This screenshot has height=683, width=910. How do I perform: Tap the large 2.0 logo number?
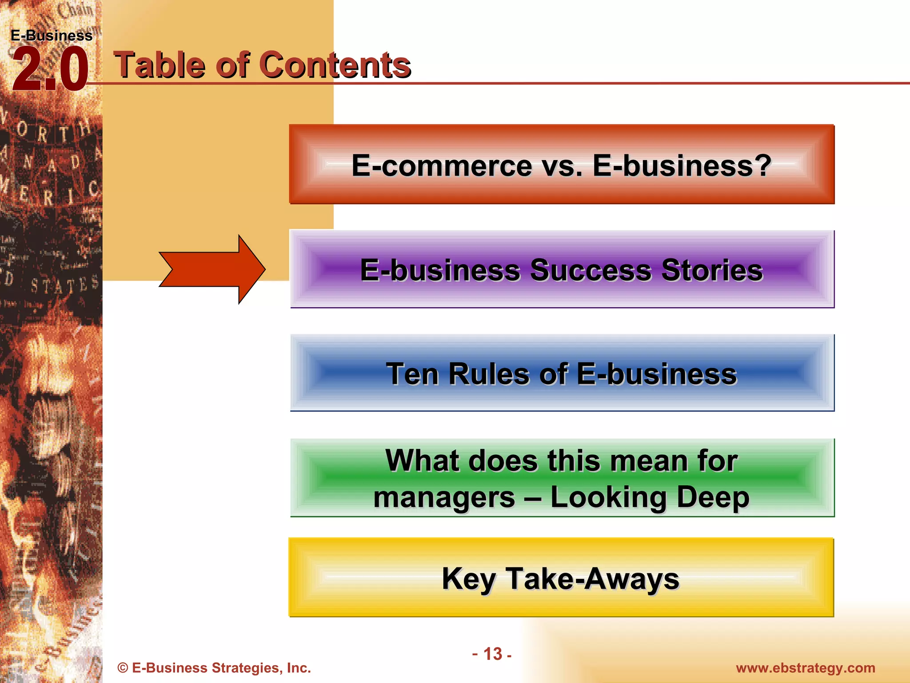click(50, 70)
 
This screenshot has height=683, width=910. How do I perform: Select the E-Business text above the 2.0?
click(52, 36)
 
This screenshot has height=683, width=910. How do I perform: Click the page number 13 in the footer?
click(492, 654)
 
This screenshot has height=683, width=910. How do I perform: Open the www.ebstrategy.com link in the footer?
click(805, 668)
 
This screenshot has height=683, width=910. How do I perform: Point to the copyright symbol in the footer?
click(123, 668)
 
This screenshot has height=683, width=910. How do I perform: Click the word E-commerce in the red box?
click(442, 165)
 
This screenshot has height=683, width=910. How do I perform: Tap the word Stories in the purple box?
click(712, 270)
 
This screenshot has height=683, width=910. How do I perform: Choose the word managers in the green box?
click(444, 497)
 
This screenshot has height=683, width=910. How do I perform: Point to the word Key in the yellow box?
click(468, 579)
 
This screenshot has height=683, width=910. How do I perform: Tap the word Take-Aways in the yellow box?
click(593, 579)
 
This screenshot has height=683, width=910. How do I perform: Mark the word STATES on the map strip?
click(64, 285)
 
